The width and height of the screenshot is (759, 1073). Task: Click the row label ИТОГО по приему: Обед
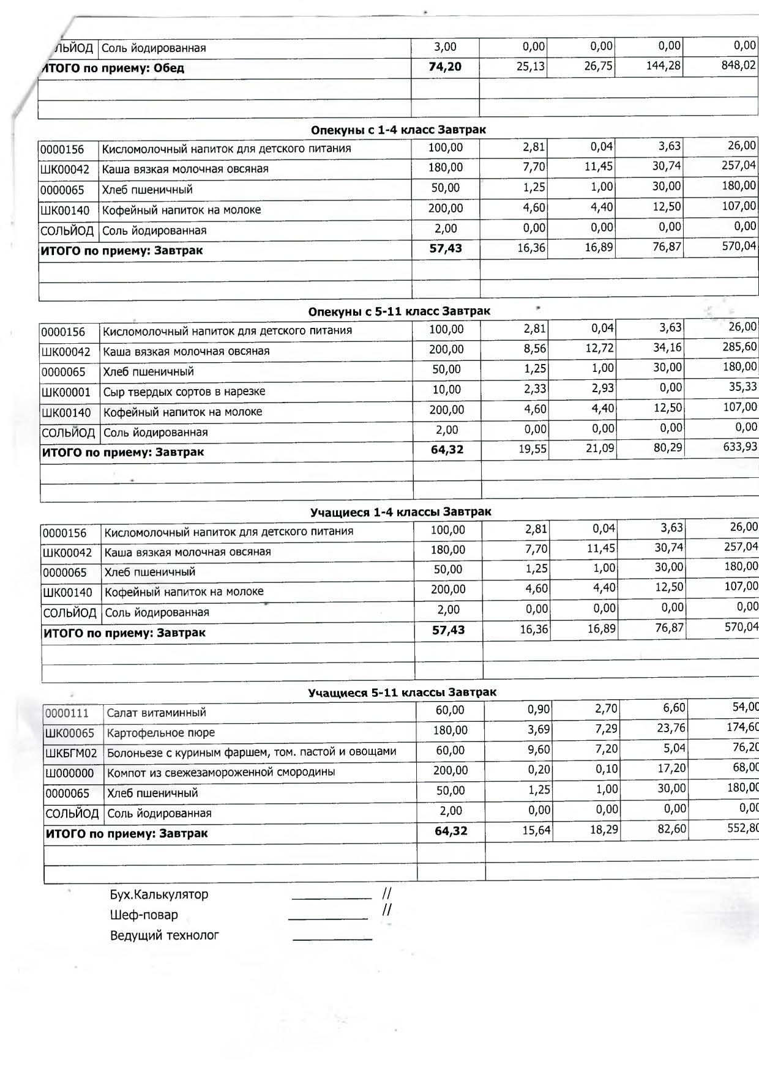(113, 68)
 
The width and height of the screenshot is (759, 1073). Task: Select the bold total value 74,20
(445, 67)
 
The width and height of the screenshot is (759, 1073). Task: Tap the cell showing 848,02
(739, 65)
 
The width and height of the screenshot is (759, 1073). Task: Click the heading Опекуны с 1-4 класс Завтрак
(398, 130)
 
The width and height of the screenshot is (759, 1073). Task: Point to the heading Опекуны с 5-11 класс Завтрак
(399, 311)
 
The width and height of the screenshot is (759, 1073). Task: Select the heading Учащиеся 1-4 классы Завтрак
(400, 511)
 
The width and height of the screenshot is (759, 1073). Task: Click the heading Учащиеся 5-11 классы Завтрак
(402, 692)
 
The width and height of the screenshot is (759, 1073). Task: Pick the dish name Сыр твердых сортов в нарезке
(184, 392)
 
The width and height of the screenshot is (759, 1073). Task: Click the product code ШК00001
(66, 392)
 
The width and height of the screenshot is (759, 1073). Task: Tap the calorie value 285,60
(741, 347)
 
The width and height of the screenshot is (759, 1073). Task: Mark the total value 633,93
(740, 447)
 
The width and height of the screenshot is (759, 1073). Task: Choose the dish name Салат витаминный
(156, 713)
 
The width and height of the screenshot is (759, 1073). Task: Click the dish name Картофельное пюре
(161, 733)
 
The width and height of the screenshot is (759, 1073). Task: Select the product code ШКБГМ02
(71, 753)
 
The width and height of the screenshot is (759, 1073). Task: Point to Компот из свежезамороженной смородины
(221, 772)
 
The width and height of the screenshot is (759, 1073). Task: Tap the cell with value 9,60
(539, 749)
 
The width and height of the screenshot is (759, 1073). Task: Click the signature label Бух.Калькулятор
(159, 894)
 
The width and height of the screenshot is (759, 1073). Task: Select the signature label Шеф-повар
(144, 915)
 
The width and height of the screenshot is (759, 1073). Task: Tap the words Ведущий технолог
(165, 935)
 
